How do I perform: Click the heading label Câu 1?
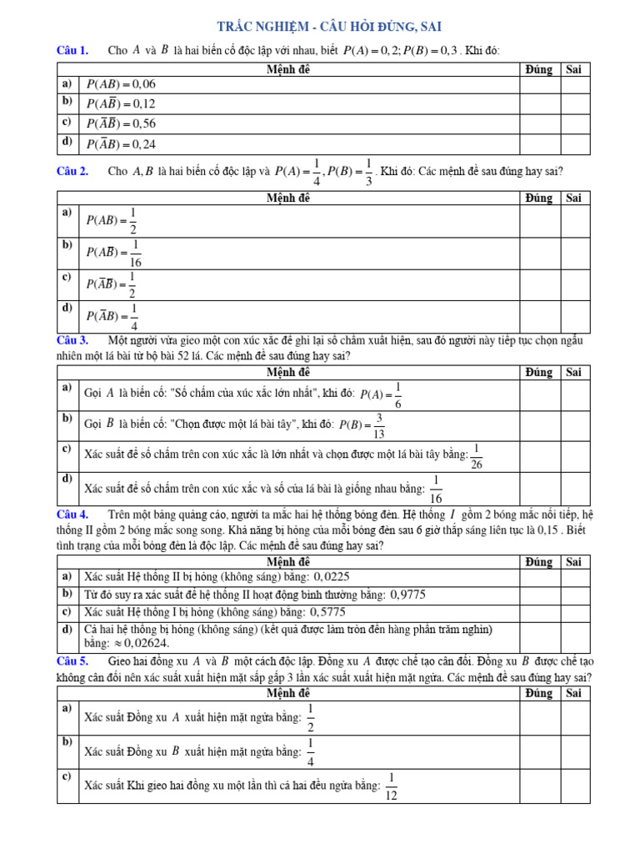72,51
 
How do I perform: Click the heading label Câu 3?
72,340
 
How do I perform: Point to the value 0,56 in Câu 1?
142,123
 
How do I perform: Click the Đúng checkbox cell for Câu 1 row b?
539,103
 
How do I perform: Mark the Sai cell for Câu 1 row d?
574,143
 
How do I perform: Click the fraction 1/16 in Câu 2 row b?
137,254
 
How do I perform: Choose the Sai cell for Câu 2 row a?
574,221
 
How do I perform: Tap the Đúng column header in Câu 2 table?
539,198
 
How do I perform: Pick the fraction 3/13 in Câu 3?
379,424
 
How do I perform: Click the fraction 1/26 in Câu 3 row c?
477,456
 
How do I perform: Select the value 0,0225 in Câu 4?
331,576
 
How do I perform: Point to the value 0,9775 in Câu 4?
408,594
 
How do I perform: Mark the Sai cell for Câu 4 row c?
574,611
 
